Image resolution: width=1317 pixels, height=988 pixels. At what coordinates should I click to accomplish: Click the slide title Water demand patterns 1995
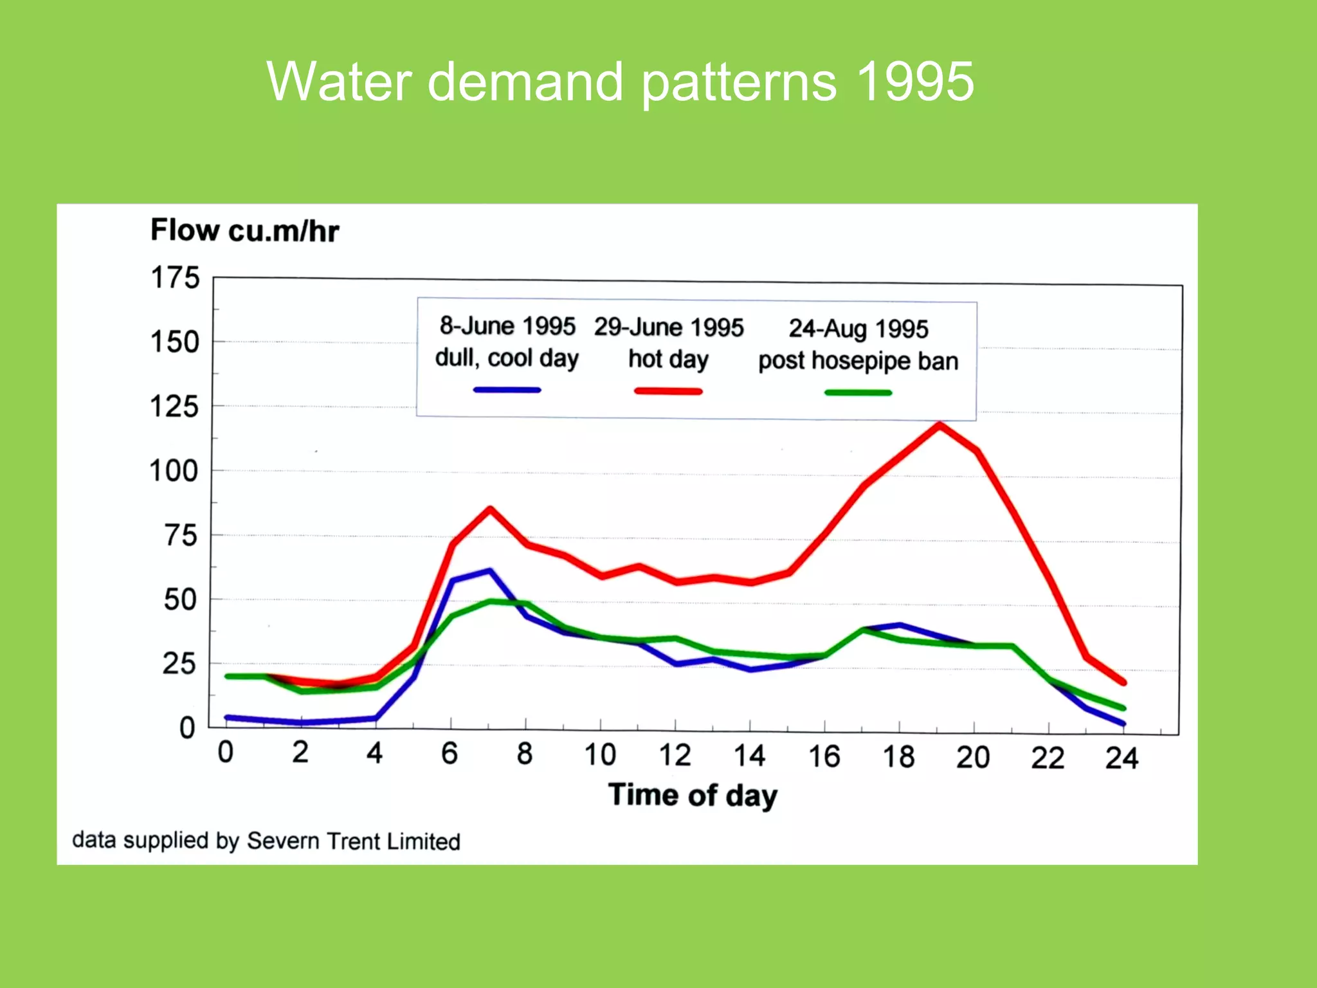[620, 82]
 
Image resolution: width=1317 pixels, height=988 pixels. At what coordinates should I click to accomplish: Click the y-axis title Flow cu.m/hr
[244, 230]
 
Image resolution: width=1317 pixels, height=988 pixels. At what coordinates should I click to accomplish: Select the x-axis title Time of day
[693, 795]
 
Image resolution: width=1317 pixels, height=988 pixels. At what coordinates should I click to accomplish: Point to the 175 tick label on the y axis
[175, 278]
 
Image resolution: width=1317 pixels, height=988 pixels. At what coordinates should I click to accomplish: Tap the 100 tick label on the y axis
[174, 471]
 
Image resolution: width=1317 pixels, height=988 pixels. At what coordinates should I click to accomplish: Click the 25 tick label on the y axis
[179, 664]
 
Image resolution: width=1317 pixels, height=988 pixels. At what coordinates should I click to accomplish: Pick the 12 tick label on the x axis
[675, 755]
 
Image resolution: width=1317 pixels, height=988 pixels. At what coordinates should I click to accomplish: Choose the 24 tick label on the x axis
[1122, 758]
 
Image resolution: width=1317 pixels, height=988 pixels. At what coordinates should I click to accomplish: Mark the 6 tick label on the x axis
[450, 753]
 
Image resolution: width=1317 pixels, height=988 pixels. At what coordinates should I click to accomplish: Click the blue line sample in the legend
[507, 390]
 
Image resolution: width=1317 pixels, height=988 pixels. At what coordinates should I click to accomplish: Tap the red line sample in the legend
[668, 391]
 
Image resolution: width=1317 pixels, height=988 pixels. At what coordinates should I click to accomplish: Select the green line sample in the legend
[858, 392]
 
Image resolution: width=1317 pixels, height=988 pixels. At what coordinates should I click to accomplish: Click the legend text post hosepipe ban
[858, 361]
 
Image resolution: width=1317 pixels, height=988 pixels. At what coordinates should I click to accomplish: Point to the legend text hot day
[668, 359]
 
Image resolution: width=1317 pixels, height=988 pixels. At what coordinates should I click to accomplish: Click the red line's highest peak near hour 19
[940, 425]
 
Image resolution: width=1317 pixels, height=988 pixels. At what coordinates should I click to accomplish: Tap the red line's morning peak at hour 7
[490, 509]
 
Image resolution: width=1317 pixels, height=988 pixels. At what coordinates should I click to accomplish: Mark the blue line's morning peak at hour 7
[490, 571]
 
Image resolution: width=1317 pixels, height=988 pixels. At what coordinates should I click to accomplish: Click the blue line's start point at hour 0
[227, 717]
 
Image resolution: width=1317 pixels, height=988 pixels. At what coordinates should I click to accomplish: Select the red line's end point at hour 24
[1123, 682]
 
